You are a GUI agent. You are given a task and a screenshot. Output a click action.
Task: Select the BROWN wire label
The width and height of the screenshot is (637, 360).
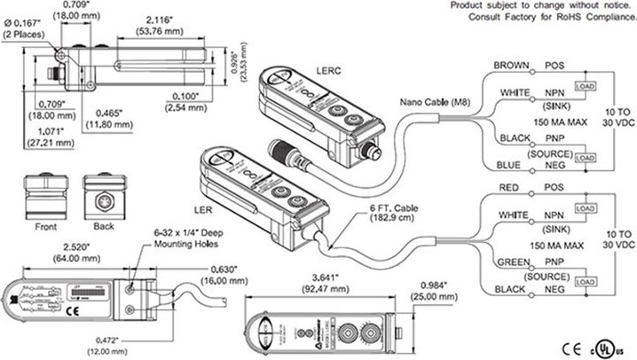pos(512,65)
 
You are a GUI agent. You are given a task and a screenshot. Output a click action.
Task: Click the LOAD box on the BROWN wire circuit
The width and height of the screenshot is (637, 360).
pos(585,85)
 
